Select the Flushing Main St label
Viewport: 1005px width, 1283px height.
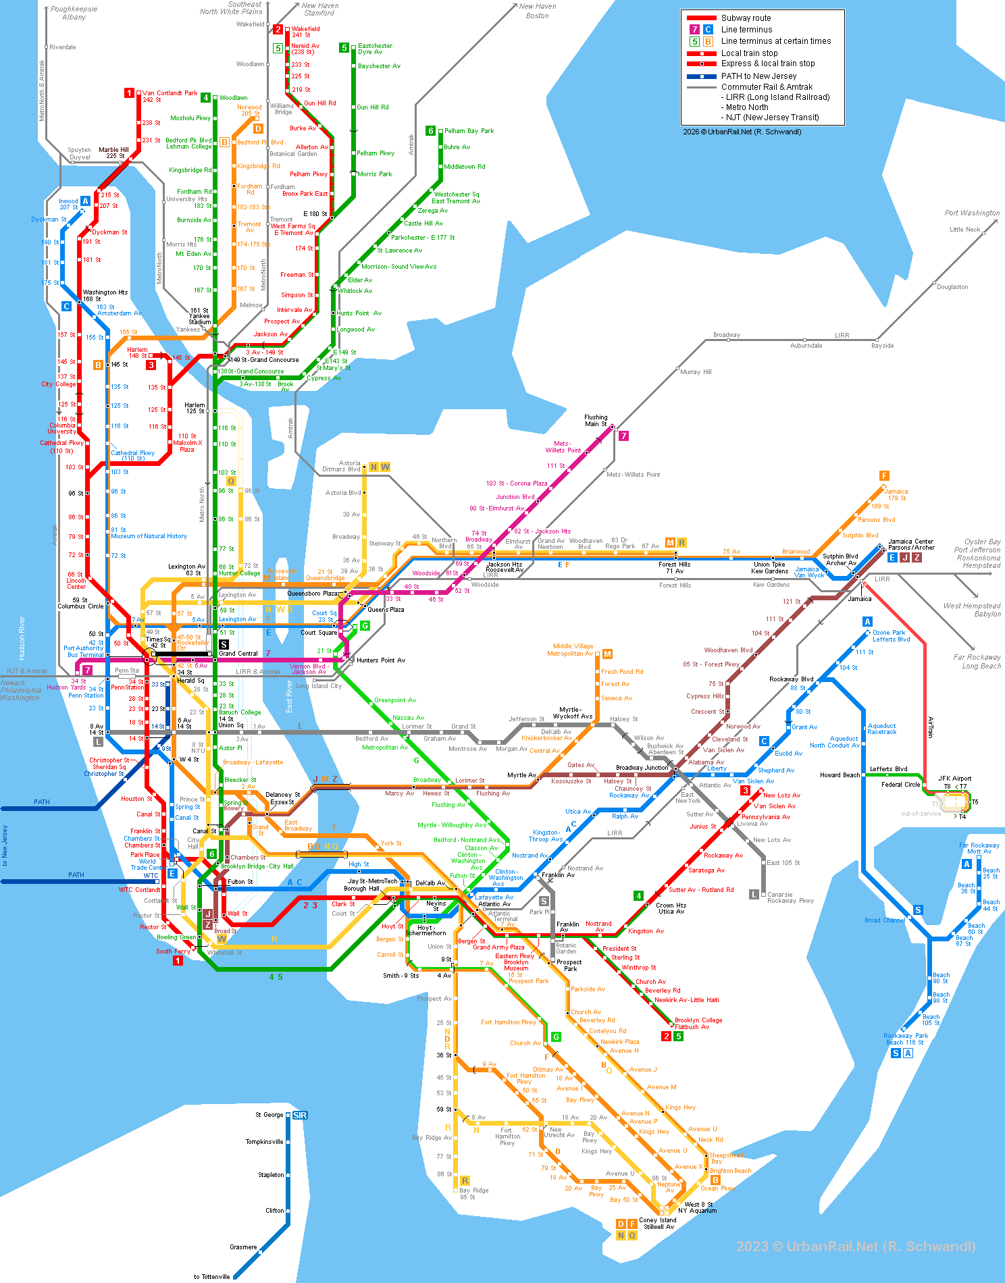click(x=596, y=421)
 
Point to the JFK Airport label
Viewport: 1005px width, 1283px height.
click(x=954, y=779)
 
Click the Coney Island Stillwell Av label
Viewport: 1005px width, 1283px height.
click(x=657, y=1224)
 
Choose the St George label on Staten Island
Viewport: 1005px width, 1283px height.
click(x=269, y=1115)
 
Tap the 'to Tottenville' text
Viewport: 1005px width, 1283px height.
click(x=211, y=1277)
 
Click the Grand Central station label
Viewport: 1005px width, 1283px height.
click(x=238, y=654)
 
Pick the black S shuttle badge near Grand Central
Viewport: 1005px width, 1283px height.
click(x=224, y=644)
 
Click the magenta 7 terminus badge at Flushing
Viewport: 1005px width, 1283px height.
click(x=623, y=436)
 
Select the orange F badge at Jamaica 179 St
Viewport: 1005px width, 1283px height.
click(x=884, y=476)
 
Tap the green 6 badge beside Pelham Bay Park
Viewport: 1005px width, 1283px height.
click(x=430, y=131)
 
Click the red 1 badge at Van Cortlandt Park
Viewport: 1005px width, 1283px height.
click(x=129, y=93)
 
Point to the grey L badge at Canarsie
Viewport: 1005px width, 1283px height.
click(x=754, y=895)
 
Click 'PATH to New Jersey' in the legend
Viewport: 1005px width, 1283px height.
click(x=758, y=76)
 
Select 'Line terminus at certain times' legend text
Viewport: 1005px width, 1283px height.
click(x=775, y=41)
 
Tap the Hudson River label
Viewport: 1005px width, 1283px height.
click(x=22, y=637)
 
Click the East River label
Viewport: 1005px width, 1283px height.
click(x=289, y=696)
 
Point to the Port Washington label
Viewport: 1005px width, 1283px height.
click(x=971, y=213)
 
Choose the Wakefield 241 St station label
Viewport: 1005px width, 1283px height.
click(x=305, y=32)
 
